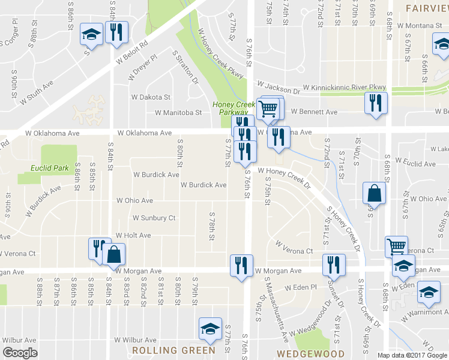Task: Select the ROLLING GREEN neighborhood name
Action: click(x=173, y=350)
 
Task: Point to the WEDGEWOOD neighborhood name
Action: click(x=310, y=353)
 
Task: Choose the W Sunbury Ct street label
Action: click(x=154, y=218)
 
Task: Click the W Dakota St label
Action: click(x=151, y=97)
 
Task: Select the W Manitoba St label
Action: click(x=178, y=112)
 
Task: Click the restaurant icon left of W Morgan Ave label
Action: click(x=241, y=265)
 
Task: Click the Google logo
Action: click(x=20, y=353)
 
